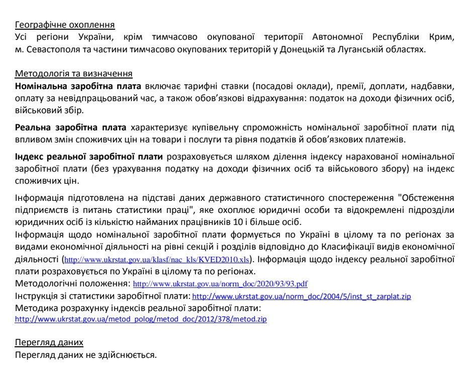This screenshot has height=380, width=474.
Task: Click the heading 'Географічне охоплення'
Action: click(65, 24)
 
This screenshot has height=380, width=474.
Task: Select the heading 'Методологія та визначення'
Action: click(74, 74)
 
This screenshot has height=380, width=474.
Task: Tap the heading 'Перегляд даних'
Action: click(49, 343)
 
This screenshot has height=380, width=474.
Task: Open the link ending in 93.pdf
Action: click(224, 284)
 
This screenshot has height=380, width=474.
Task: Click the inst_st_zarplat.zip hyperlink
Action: click(302, 296)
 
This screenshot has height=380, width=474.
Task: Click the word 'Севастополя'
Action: click(47, 49)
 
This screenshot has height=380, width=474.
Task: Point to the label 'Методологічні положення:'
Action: click(72, 283)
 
